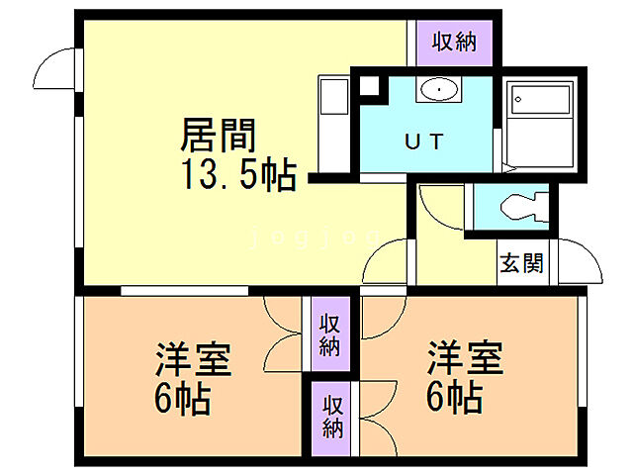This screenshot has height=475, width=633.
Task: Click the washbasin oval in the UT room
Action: [x=437, y=91]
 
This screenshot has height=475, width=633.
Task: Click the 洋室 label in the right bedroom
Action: [x=465, y=357]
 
